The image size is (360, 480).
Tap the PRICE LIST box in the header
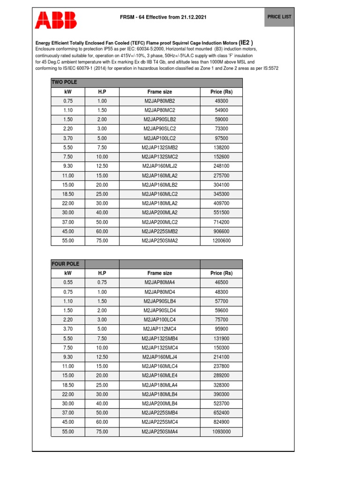point(279,16)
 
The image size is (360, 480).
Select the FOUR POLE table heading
point(66,264)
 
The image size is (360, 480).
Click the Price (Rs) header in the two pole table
point(221,92)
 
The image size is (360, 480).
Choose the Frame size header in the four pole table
point(159,273)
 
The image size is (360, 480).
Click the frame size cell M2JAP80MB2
point(159,101)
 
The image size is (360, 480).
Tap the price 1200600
point(221,241)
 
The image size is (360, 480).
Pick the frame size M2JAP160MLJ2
point(159,166)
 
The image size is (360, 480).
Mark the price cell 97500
point(221,138)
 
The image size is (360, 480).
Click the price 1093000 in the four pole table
point(221,432)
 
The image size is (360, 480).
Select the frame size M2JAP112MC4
point(159,329)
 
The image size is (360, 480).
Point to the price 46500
point(221,283)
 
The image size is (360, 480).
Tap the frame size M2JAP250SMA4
point(159,432)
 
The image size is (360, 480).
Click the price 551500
point(221,213)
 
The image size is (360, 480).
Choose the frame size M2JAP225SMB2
point(159,232)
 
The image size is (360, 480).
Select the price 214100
point(221,357)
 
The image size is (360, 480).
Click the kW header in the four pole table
point(68,273)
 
